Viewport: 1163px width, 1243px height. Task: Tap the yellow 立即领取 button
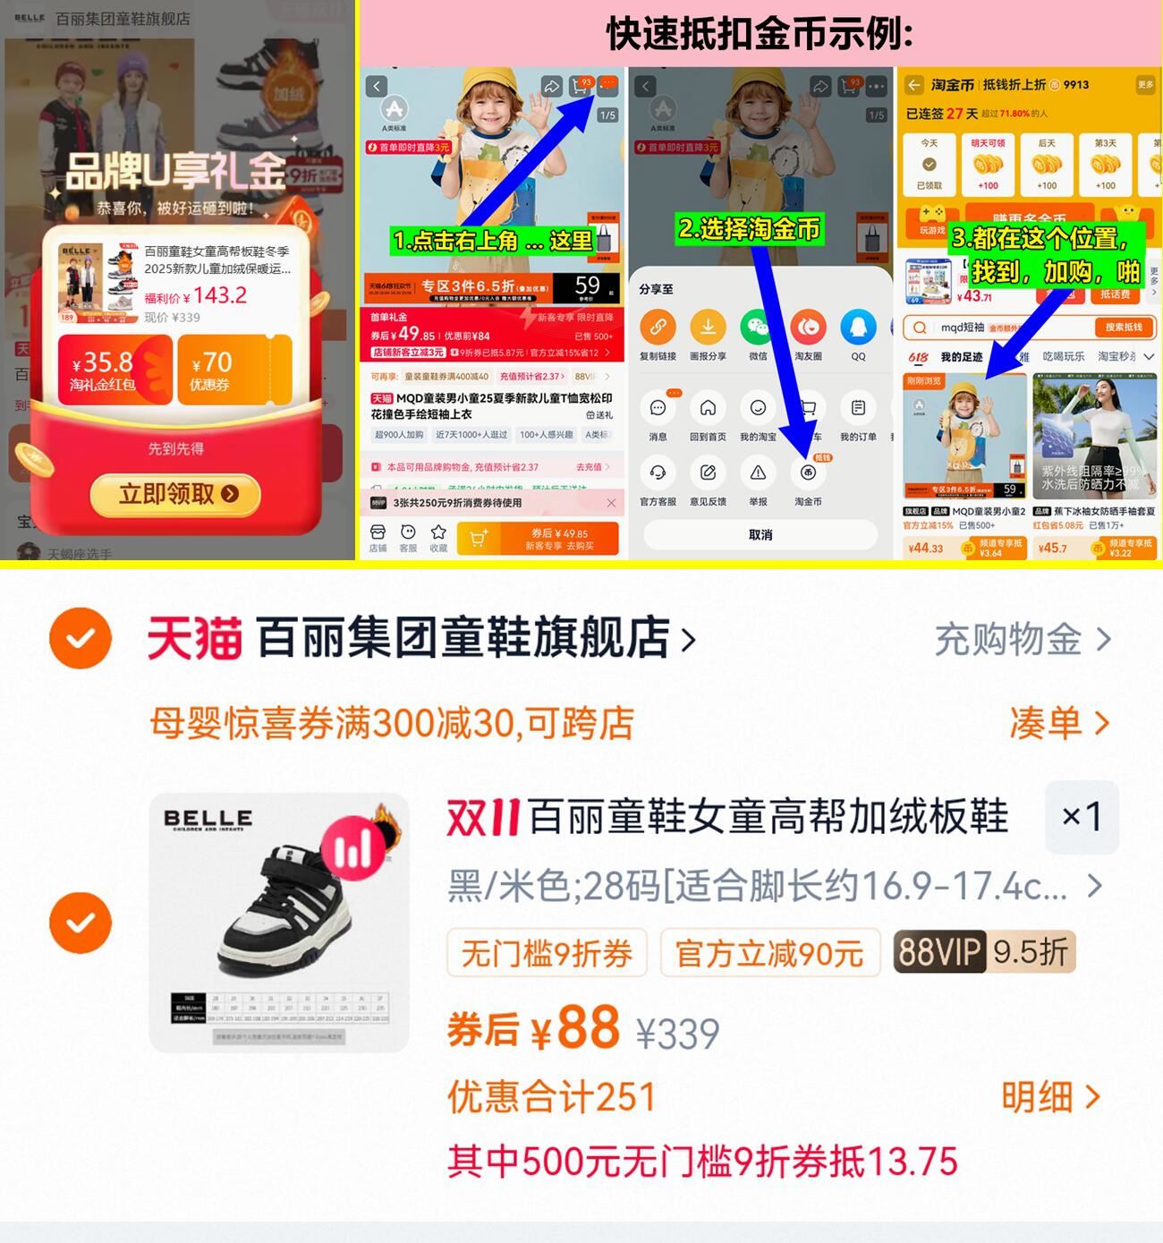coord(175,494)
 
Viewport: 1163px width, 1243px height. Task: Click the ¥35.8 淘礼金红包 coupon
coord(115,369)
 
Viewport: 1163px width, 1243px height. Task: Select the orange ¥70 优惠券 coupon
coord(233,369)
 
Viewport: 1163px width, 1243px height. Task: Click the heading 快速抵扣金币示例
coord(760,34)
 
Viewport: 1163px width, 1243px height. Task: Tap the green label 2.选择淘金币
coord(749,230)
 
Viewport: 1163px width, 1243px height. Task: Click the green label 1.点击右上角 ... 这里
coord(492,241)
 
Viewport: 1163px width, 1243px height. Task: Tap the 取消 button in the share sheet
coord(760,534)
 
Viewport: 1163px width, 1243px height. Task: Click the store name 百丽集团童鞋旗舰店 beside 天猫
coord(463,638)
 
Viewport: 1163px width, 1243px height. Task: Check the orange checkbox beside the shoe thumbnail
coord(81,922)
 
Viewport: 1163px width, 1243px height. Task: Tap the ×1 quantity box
coord(1082,816)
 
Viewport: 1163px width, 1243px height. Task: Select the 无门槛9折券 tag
coord(547,953)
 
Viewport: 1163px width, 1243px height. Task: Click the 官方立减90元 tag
coord(769,953)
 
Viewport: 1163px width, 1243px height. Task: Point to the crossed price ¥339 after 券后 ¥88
coord(677,1034)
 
